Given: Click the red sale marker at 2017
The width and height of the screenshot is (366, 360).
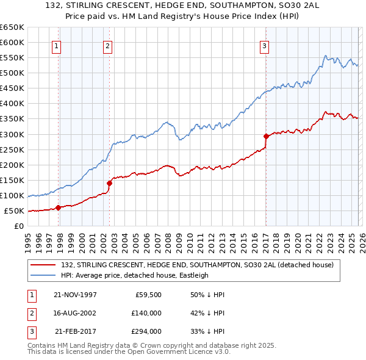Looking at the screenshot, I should (266, 135).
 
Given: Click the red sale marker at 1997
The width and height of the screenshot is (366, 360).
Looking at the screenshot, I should (59, 207).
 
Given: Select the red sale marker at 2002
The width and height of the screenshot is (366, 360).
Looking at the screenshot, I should (110, 182).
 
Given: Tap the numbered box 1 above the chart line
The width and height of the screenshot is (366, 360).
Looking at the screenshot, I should (56, 46).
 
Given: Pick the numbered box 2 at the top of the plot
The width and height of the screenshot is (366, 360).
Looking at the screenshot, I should (107, 46).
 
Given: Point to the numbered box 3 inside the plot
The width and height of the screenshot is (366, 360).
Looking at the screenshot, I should (264, 46).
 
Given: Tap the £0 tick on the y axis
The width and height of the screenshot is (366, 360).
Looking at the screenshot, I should (18, 226).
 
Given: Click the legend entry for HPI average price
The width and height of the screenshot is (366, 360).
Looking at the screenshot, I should (134, 275).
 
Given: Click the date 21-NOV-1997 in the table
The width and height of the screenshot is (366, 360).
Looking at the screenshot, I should (75, 295).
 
